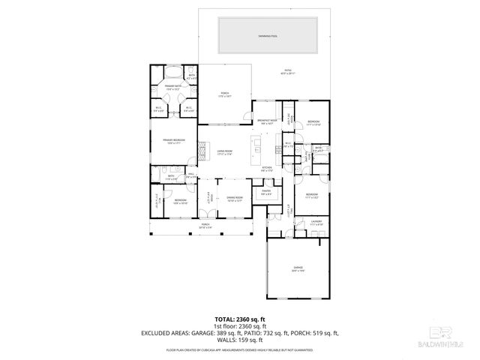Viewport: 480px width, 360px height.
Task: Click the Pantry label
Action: (x=266, y=193)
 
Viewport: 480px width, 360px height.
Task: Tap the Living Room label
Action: (x=226, y=152)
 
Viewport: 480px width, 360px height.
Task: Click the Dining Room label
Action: (x=234, y=199)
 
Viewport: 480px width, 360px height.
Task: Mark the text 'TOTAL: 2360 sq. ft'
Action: (x=239, y=319)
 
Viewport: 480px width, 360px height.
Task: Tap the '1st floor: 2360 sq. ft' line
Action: (x=239, y=326)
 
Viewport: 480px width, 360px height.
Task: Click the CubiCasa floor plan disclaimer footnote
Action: (x=239, y=350)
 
